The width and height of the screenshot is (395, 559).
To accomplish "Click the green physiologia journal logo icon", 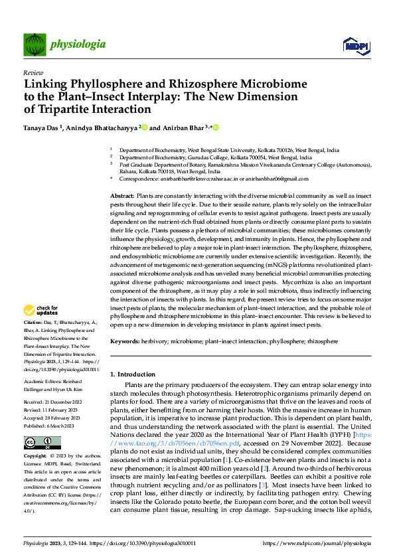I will [34, 44].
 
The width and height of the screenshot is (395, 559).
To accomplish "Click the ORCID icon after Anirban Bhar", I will [216, 127].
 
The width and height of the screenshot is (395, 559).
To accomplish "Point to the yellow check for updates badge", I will [40, 310].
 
